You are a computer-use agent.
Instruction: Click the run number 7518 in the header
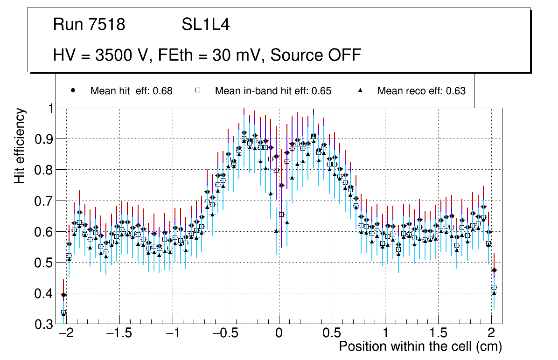tap(106, 25)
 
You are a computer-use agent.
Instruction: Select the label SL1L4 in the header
tap(206, 25)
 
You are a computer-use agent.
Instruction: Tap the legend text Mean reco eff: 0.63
tap(421, 91)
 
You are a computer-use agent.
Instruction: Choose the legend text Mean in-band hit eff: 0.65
tap(273, 91)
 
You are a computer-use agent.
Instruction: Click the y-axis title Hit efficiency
tap(20, 145)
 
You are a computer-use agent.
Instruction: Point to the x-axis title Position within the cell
tap(420, 346)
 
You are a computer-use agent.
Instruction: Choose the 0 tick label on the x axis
tap(279, 334)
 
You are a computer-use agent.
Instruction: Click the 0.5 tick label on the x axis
tap(332, 334)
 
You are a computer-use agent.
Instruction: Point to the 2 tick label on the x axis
tap(491, 334)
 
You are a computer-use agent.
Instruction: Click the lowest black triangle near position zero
tap(276, 230)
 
